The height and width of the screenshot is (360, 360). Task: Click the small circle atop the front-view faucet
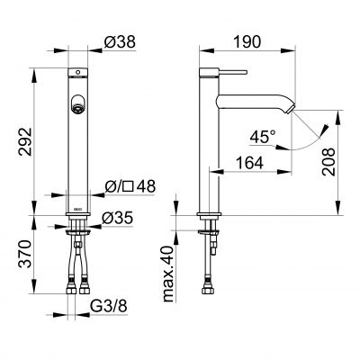(x=79, y=71)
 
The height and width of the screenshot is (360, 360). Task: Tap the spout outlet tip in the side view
(x=290, y=111)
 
